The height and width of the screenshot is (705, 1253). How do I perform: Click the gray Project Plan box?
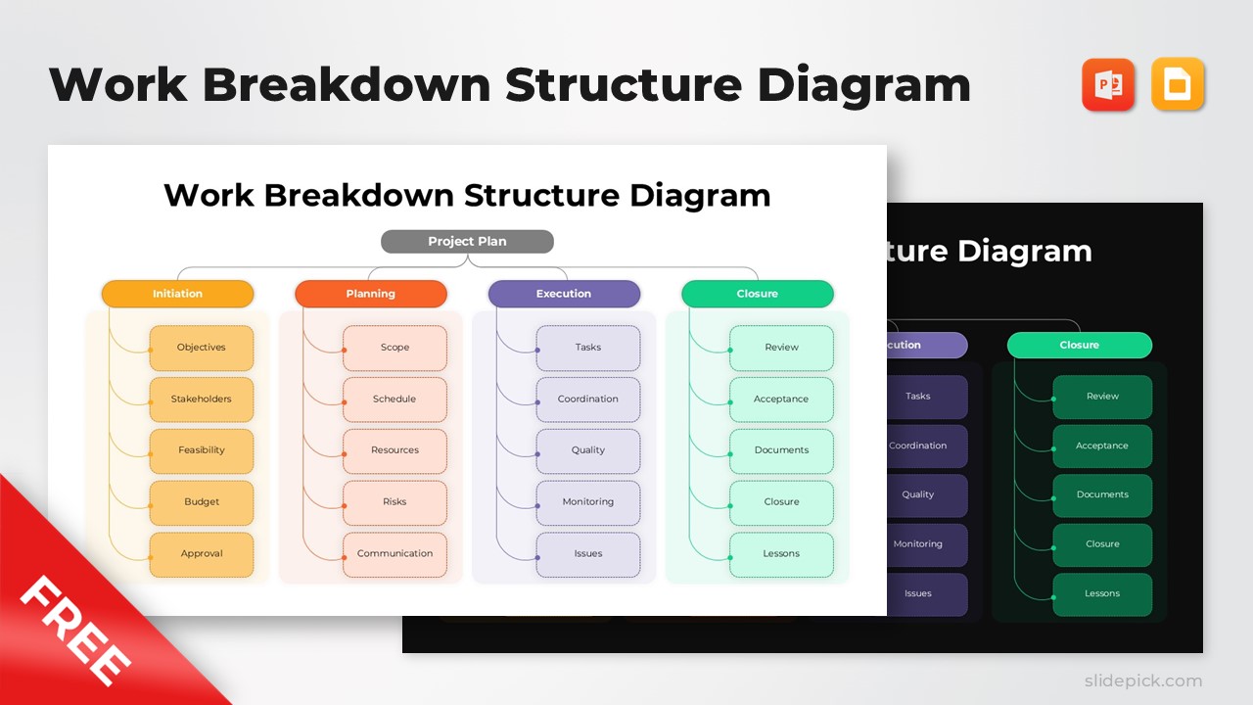tap(467, 242)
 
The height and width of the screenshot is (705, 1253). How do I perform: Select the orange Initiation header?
tap(177, 294)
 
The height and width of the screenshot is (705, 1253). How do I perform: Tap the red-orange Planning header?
tap(371, 294)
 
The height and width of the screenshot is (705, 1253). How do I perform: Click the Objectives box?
tap(201, 348)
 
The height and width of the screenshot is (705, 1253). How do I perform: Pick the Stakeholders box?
tap(201, 399)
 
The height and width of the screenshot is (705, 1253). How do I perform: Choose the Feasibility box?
tap(201, 450)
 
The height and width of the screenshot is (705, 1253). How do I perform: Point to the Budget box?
tap(201, 502)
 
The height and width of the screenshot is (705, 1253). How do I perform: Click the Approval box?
tap(201, 554)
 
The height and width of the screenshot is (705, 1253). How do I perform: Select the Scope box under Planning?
tap(394, 348)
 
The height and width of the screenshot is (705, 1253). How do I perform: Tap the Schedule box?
tap(394, 399)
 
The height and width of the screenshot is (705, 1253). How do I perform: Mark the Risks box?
tap(394, 502)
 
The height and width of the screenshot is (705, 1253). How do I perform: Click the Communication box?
tap(394, 554)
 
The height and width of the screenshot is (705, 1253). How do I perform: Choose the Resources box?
tap(394, 450)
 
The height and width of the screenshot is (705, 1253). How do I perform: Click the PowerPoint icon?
tap(1108, 84)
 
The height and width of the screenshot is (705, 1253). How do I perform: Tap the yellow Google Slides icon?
tap(1178, 84)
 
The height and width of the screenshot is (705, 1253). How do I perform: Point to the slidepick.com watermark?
tap(1142, 681)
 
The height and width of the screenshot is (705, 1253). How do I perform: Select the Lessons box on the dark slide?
tap(1102, 594)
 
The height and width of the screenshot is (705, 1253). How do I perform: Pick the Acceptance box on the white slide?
tap(781, 399)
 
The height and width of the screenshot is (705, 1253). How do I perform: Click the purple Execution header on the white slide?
tap(564, 294)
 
